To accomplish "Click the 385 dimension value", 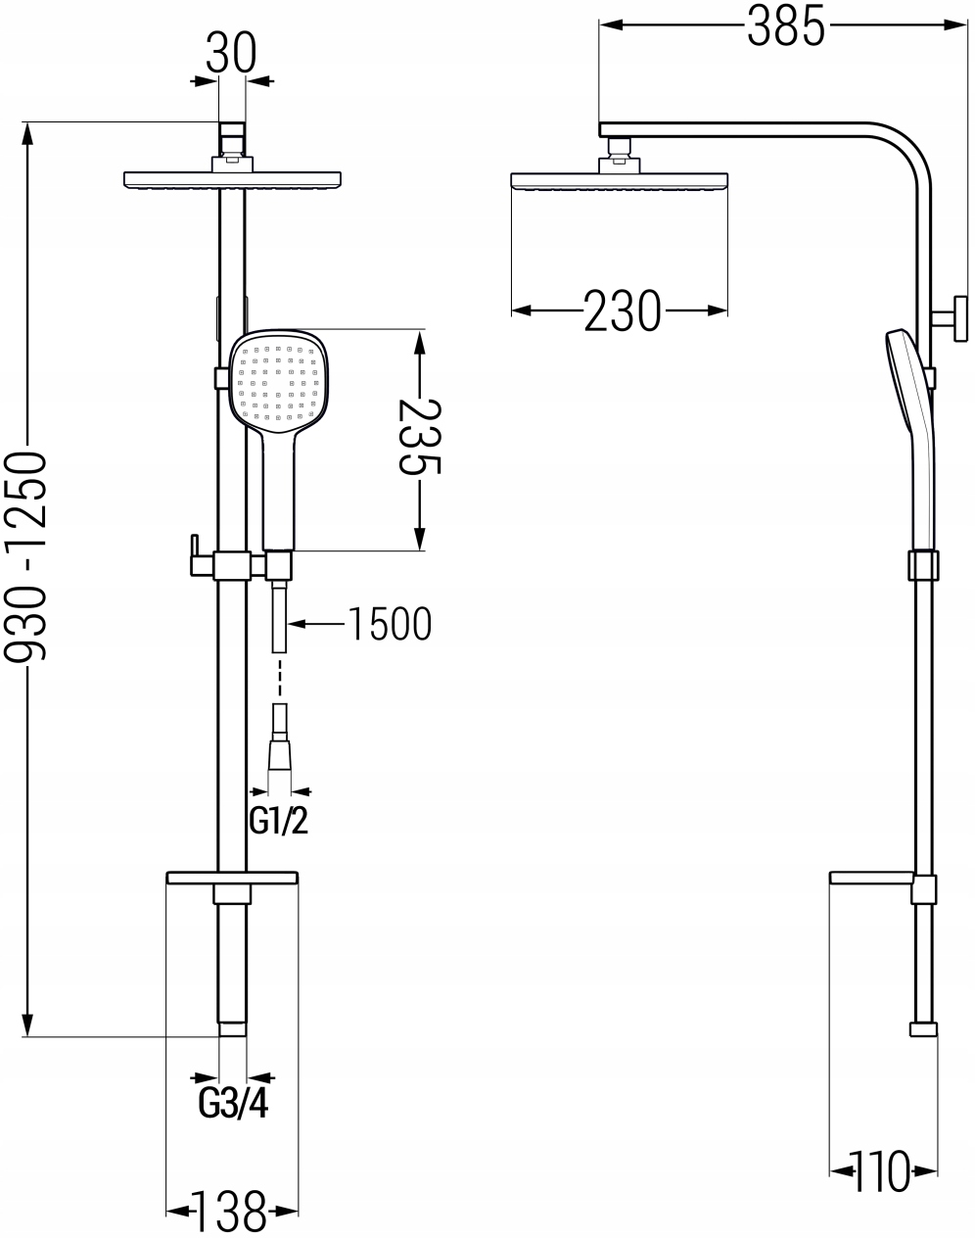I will tap(786, 27).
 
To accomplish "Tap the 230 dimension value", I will tap(623, 311).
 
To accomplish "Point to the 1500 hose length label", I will tap(391, 623).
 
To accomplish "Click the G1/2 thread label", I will tap(279, 821).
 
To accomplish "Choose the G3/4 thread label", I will tap(233, 1104).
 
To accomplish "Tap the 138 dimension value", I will tap(229, 1212).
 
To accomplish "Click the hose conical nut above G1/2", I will tap(279, 756).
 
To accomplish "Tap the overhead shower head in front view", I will tap(233, 180).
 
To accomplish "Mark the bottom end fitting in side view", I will tap(922, 1029).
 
